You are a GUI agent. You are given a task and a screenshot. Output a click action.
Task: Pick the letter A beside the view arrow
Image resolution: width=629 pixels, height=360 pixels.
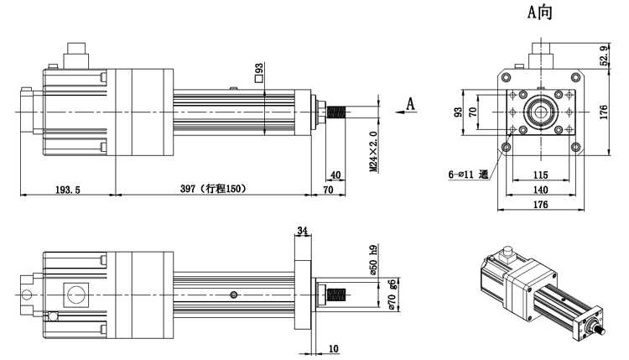tap(411, 103)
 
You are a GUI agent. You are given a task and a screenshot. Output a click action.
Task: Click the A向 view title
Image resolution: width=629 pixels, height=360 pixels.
tap(539, 12)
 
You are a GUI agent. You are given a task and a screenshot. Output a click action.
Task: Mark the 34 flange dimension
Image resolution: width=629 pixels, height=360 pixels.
tap(303, 230)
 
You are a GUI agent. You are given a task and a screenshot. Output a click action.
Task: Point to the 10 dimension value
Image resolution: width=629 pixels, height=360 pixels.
tap(333, 348)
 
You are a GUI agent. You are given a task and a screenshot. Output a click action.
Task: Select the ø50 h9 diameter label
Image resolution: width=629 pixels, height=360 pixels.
tap(373, 261)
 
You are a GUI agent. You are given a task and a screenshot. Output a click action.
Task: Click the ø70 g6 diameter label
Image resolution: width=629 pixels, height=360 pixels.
tap(392, 298)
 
